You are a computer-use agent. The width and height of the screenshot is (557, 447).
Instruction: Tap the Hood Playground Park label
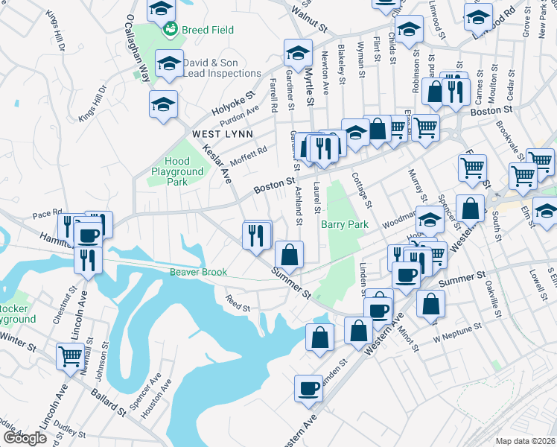[177, 171]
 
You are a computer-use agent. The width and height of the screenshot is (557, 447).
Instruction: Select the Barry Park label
[344, 224]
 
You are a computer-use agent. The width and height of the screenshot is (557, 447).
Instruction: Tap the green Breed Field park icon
[171, 30]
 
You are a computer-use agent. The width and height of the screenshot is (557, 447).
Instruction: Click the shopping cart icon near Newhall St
[70, 356]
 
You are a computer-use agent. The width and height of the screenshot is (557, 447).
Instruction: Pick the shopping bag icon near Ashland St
[289, 254]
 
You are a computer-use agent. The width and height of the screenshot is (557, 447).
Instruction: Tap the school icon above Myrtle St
[298, 53]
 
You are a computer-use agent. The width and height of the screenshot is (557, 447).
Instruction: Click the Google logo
[24, 438]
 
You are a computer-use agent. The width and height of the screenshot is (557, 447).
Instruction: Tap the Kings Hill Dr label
[56, 32]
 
